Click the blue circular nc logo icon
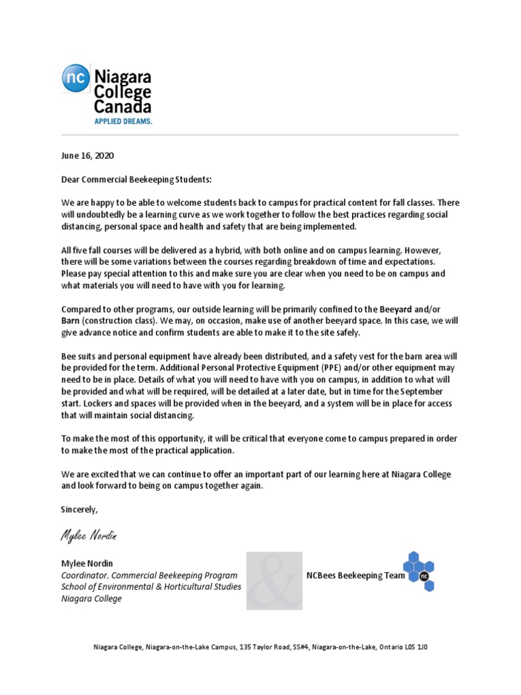74,77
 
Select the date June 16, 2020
88,155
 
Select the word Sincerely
79,509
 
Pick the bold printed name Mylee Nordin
88,563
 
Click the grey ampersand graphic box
274,581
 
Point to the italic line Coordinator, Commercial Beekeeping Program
149,575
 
